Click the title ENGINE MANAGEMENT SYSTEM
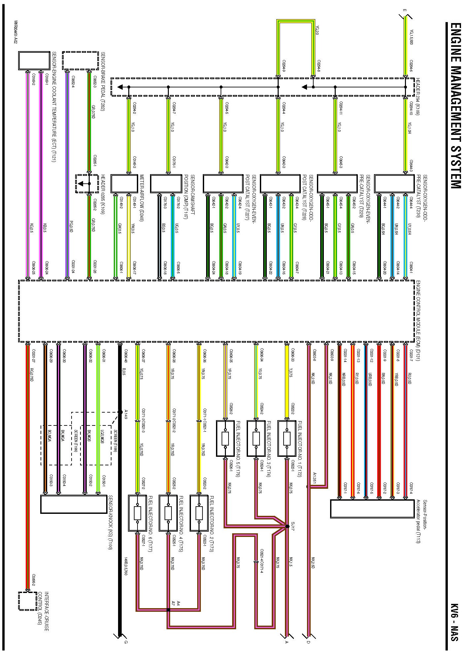(455, 106)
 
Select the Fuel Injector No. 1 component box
(287, 438)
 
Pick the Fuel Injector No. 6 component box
(137, 513)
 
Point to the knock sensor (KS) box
(74, 504)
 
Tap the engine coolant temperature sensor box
(34, 60)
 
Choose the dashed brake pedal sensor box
(80, 60)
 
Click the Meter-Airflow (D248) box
(124, 183)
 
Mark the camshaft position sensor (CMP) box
(166, 183)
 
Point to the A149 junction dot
(120, 412)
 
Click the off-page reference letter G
(126, 642)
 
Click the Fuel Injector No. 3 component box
(256, 438)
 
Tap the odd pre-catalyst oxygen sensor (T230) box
(394, 183)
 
